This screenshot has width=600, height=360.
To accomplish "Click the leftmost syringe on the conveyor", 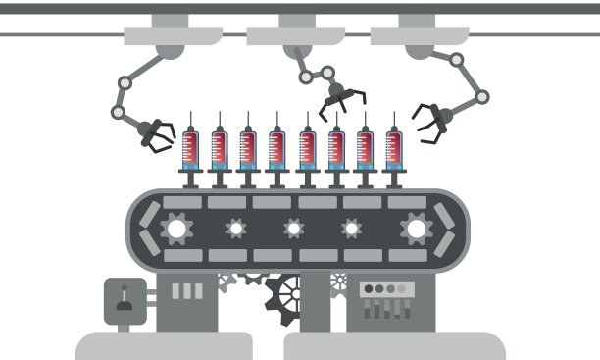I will click(190, 150).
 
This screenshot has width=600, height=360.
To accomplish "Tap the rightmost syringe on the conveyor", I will click(393, 150).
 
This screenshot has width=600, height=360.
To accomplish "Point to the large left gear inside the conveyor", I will click(177, 230).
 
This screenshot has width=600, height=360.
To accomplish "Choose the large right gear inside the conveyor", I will click(415, 230).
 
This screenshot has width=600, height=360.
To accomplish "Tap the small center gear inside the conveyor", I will click(293, 229).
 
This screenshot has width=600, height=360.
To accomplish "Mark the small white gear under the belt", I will click(339, 282).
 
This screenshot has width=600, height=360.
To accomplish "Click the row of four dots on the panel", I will click(385, 289).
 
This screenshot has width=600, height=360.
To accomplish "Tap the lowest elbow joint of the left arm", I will click(119, 112).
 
